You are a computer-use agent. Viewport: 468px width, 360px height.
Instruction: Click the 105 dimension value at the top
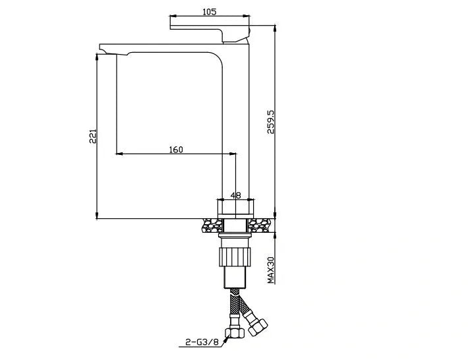pos(209,11)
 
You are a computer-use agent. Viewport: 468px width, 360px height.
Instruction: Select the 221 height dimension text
pos(93,136)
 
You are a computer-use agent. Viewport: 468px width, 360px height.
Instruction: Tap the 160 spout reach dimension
pos(176,149)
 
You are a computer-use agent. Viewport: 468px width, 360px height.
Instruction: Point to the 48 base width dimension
pos(235,196)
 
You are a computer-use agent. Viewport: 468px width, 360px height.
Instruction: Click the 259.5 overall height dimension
pos(270,121)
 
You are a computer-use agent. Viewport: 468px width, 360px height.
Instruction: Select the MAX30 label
pos(270,269)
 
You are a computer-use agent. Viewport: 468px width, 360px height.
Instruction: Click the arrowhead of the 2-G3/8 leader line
pos(225,338)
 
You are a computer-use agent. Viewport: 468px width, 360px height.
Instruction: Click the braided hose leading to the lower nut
pos(235,307)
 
